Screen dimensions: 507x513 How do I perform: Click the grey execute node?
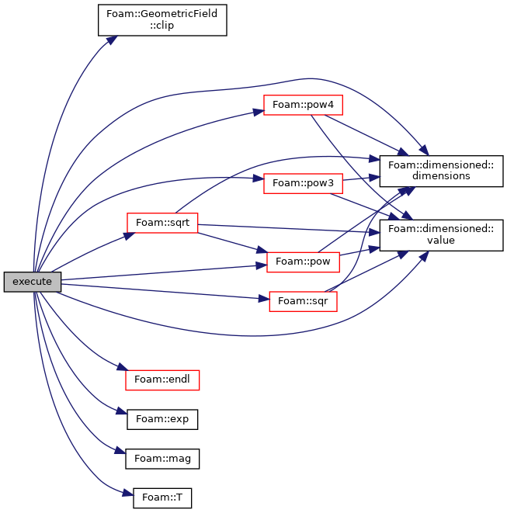point(33,282)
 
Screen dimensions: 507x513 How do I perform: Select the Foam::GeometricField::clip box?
point(162,20)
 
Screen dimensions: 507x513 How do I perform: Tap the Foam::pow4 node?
point(303,105)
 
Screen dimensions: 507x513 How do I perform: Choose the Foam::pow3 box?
point(303,183)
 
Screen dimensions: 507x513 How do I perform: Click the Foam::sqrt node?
point(162,223)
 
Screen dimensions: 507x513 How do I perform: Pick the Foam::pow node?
point(303,262)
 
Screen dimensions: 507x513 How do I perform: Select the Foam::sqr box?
point(303,301)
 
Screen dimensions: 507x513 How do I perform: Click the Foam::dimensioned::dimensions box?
point(441,171)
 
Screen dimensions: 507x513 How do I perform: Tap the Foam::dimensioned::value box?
point(441,235)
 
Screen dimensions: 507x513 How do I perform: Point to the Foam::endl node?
point(162,380)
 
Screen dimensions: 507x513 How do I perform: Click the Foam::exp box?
point(162,419)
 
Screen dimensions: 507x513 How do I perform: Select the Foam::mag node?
point(162,459)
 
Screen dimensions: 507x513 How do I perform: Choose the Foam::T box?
point(162,497)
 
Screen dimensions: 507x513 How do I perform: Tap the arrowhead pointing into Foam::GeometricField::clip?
point(112,40)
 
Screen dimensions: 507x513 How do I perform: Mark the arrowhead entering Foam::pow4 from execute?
point(259,112)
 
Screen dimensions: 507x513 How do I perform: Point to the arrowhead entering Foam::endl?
point(122,367)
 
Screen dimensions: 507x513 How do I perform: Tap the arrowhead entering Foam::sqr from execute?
point(264,298)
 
